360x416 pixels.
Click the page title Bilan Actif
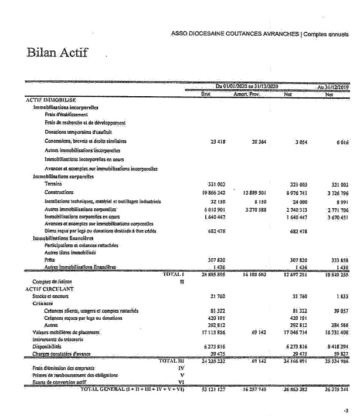click(x=57, y=53)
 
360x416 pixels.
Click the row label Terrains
click(x=54, y=184)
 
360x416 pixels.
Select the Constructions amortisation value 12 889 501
click(x=254, y=192)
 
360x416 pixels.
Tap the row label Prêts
click(x=49, y=259)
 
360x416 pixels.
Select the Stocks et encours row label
click(x=51, y=296)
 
